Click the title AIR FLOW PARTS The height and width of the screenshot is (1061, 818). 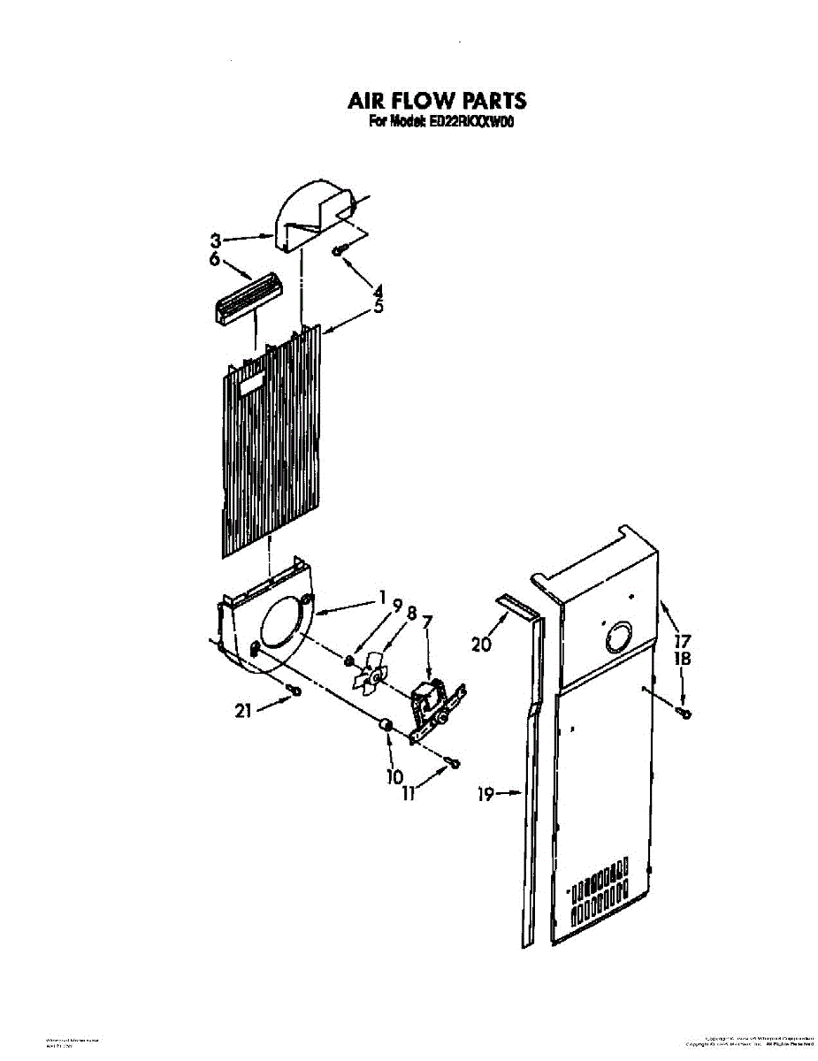tap(437, 100)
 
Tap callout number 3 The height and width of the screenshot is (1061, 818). tap(215, 240)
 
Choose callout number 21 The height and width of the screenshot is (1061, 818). tap(243, 709)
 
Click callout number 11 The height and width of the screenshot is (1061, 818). tap(409, 794)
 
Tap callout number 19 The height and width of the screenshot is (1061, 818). tap(485, 793)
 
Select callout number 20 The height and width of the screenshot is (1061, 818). tap(481, 645)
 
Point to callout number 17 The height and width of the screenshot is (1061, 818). tap(682, 641)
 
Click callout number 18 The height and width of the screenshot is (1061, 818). tap(682, 659)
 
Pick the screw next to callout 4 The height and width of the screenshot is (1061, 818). tap(338, 251)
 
